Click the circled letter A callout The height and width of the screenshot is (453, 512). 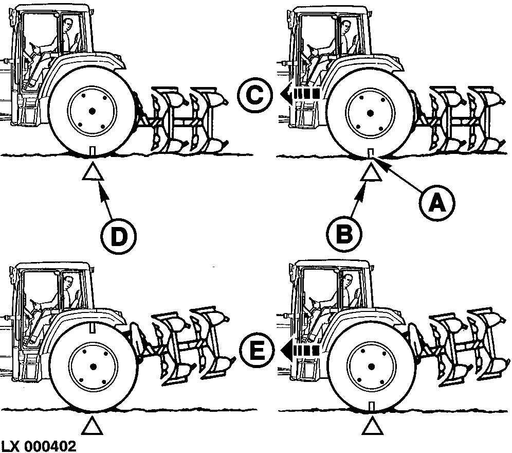pos(437,204)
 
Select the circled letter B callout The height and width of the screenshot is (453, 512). pos(344,234)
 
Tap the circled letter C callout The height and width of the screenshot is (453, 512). pos(254,95)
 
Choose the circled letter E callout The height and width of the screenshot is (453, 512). pos(257,350)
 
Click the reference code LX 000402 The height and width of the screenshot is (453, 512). pos(39,446)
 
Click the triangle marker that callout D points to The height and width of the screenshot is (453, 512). pos(93,172)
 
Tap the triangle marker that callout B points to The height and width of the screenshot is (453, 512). pos(371,172)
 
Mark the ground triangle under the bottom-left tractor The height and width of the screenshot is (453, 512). pos(93,426)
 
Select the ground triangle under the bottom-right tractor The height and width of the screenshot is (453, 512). pos(372,426)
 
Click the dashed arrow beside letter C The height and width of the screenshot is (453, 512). pos(300,94)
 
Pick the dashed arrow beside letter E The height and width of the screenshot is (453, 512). pos(300,350)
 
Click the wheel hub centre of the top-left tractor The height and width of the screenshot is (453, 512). pos(92,111)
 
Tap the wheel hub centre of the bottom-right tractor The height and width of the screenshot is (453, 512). pos(371,366)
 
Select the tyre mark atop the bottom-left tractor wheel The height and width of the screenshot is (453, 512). pos(93,327)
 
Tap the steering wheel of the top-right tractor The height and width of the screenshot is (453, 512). pos(314,50)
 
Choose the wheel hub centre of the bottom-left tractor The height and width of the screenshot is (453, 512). pos(93,365)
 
